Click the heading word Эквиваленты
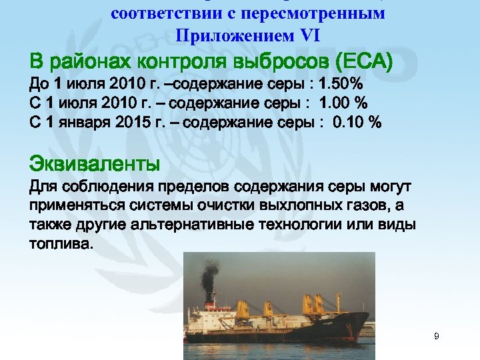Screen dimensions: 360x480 95,161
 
